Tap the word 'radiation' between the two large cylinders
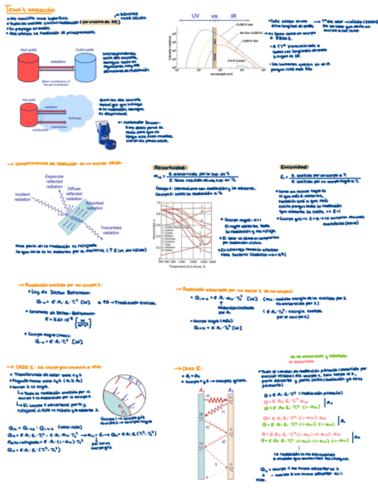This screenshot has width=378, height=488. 57,60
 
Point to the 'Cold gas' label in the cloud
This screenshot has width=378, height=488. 75,117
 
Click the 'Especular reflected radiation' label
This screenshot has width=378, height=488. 58,181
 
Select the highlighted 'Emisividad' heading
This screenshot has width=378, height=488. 294,166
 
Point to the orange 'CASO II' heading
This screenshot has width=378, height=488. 190,367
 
